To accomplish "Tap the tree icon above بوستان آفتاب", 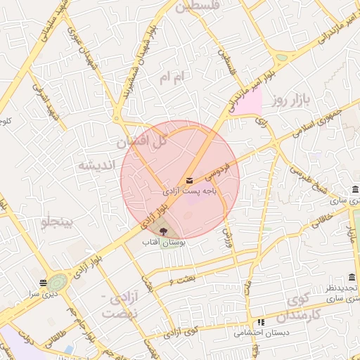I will [x=164, y=230].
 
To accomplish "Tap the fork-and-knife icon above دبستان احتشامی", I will [x=261, y=322].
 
